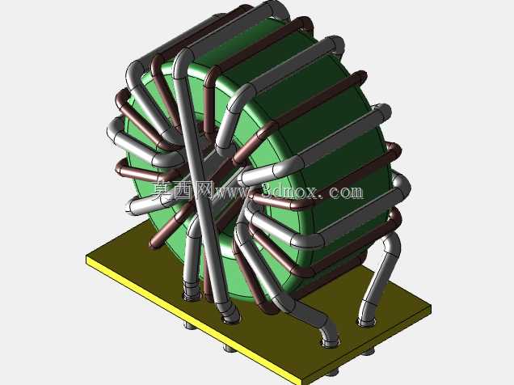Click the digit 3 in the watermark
(x=269, y=191)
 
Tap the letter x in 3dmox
(x=311, y=192)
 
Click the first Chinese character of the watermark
(x=162, y=190)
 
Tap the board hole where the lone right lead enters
(x=365, y=323)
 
